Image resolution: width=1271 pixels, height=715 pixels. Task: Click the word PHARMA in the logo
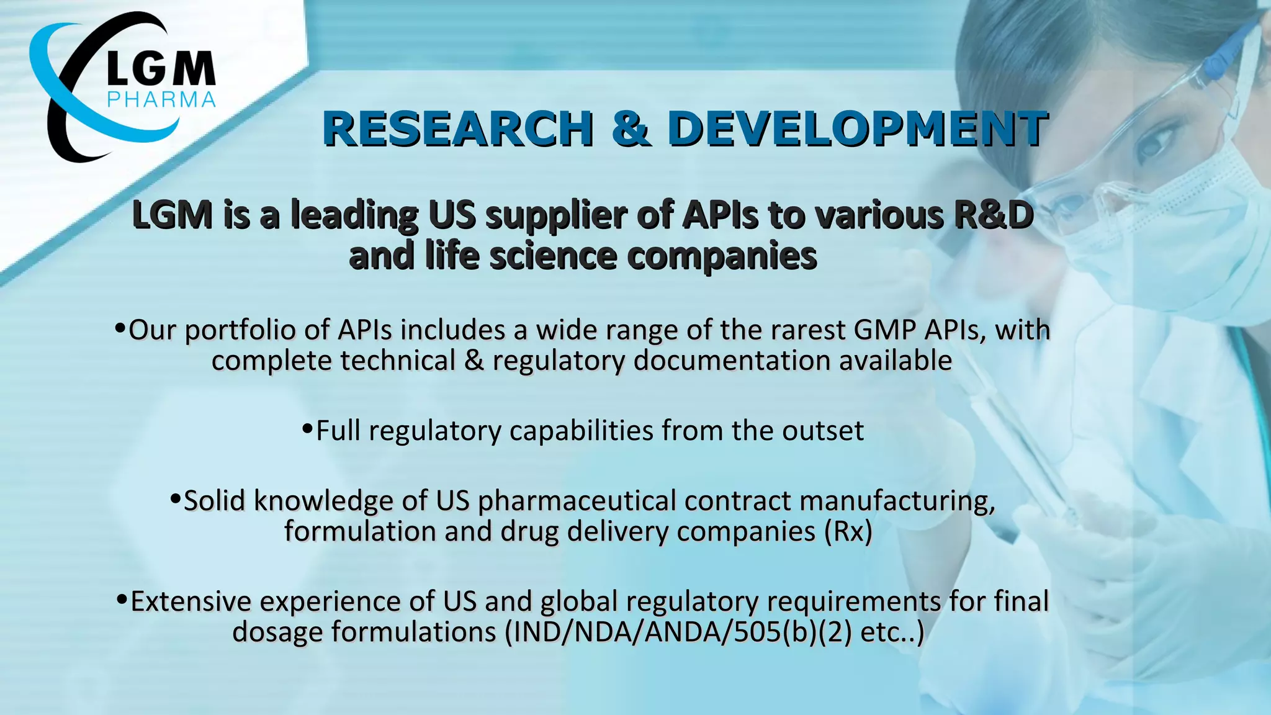point(161,99)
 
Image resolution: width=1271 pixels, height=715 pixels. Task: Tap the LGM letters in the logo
point(161,69)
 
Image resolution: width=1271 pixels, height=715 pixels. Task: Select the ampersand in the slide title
point(631,129)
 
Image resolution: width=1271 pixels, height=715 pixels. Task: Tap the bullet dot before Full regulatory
point(307,429)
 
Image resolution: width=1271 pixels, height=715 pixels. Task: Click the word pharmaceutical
point(577,501)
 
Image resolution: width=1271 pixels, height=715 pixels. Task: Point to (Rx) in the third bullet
point(848,532)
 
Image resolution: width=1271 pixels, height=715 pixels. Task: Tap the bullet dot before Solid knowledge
point(176,498)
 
